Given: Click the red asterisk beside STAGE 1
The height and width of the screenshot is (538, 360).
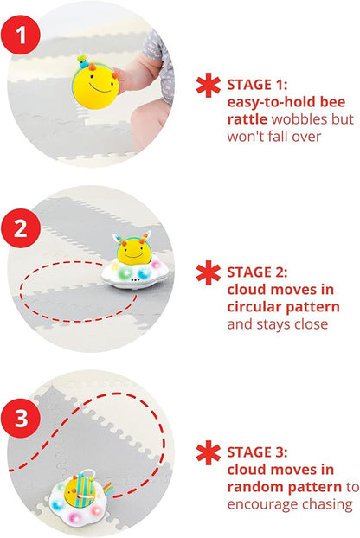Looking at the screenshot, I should (x=207, y=86).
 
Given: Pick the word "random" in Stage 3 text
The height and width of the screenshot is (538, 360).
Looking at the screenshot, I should (x=259, y=487).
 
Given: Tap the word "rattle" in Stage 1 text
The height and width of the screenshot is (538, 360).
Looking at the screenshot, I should (x=248, y=118).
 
